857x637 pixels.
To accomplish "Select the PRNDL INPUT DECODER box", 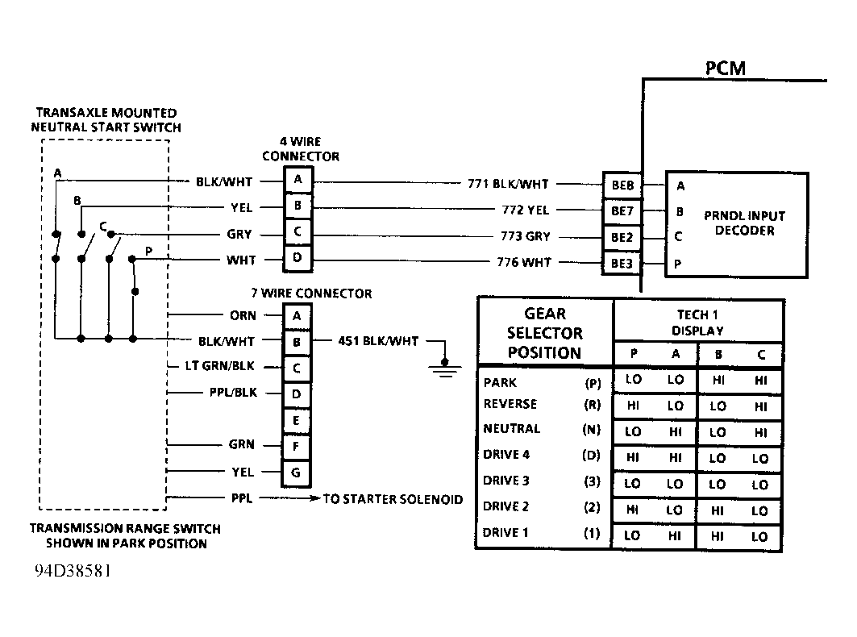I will (735, 223).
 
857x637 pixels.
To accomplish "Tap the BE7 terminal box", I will (622, 211).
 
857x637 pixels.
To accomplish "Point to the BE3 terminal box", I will (622, 263).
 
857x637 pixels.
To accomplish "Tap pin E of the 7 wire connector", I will (297, 420).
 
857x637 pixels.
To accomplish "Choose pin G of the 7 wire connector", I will (297, 473).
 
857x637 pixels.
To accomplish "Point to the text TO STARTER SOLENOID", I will (393, 499).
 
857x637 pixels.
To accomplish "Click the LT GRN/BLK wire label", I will (219, 367).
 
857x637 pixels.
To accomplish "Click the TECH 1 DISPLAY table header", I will (697, 323).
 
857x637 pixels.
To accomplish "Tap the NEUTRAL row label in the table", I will (511, 429).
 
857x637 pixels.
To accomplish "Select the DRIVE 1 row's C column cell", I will (759, 536).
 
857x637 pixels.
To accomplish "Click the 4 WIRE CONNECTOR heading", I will (300, 149).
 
